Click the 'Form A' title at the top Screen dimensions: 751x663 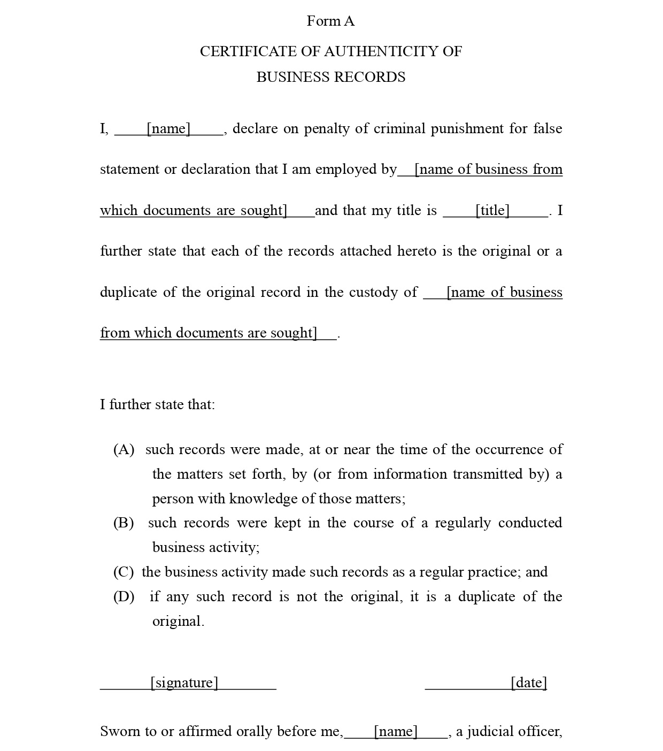coord(330,21)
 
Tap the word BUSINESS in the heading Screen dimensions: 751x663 coord(291,77)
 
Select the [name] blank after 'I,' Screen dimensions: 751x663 coord(169,129)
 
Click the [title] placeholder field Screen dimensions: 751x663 coord(492,210)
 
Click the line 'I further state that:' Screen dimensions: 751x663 coord(157,404)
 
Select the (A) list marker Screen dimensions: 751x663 coord(124,449)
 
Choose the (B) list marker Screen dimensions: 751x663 coord(124,523)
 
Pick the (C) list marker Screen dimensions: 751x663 coord(124,572)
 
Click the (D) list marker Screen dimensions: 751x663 coord(124,596)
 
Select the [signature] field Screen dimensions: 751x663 coord(184,683)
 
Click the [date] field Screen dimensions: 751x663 coord(528,683)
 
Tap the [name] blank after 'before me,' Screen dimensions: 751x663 coord(396,731)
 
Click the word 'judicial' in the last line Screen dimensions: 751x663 coord(490,731)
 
